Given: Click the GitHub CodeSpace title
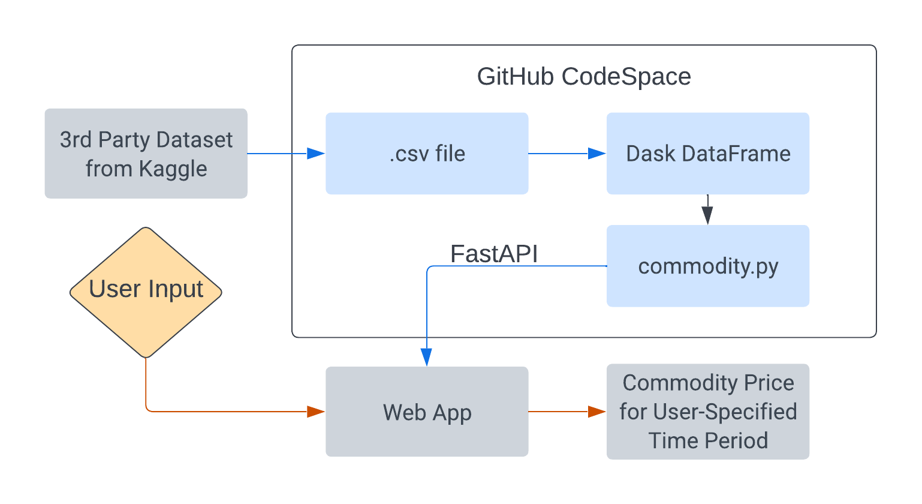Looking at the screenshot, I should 583,77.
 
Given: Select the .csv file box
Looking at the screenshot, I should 427,154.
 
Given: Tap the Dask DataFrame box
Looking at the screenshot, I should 708,154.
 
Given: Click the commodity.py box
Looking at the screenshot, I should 708,266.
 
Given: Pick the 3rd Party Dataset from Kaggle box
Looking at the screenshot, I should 146,154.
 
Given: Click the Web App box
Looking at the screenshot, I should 427,412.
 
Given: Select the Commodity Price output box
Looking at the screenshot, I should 708,412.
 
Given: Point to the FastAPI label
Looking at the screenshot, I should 494,254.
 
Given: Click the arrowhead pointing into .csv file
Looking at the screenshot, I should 316,154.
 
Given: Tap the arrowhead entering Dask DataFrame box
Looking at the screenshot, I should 597,154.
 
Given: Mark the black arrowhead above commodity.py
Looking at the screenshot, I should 707,215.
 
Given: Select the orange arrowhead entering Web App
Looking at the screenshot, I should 316,412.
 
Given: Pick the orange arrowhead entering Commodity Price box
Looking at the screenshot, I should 597,412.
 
